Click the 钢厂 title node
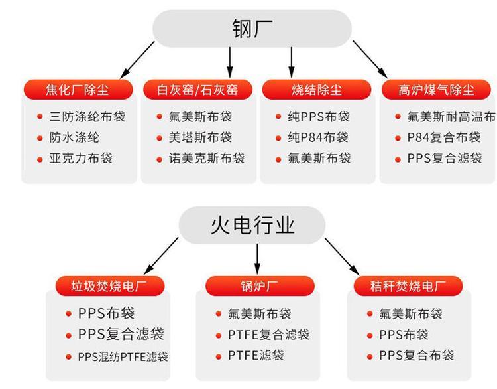252,29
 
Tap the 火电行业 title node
252,225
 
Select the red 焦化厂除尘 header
78,90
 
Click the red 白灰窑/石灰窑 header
197,90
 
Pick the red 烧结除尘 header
317,90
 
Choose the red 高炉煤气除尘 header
436,90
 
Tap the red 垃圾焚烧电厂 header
110,286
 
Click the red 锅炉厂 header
260,286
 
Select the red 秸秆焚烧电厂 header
408,286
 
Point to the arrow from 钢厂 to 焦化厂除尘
137,60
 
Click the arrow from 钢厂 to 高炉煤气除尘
370,59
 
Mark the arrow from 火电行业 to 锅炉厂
257,259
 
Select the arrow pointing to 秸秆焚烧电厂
342,257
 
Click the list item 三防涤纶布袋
87,117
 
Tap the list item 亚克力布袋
81,158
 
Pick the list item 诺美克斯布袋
207,158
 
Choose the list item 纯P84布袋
318,137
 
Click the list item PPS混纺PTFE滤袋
123,357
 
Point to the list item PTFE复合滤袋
269,335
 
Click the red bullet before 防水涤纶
40,138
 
